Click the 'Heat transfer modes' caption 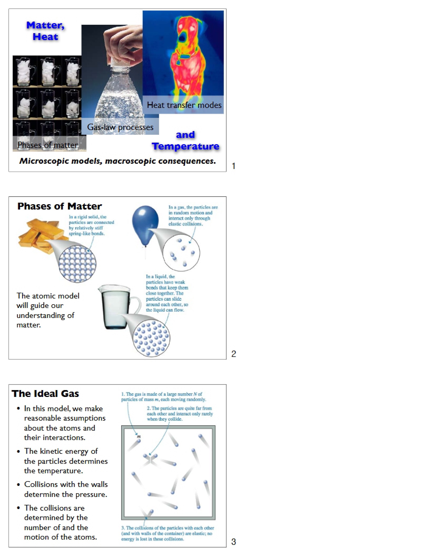184,105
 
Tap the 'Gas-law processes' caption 120,127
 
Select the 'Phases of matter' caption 48,145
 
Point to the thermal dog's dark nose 182,38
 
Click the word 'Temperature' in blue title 186,146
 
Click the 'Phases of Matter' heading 60,206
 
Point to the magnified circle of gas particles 181,252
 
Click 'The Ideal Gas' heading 45,393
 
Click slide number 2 234,354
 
